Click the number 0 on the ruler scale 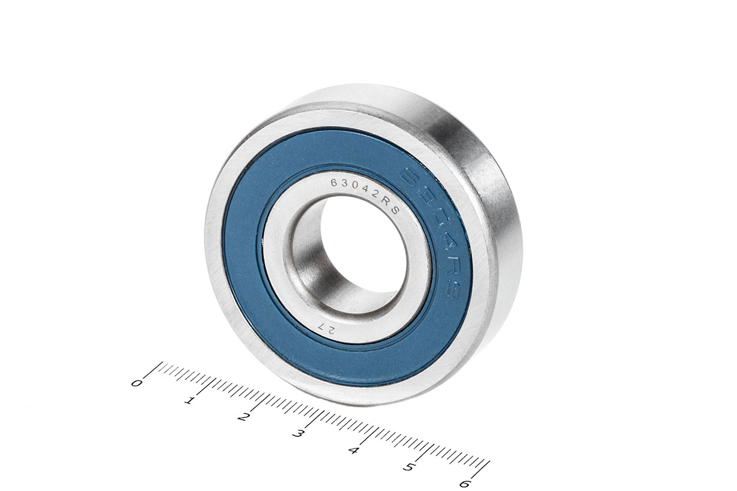[x=136, y=383]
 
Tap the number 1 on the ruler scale [x=189, y=401]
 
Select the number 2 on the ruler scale [x=242, y=417]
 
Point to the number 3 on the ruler [x=297, y=433]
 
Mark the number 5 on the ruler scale [x=408, y=467]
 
